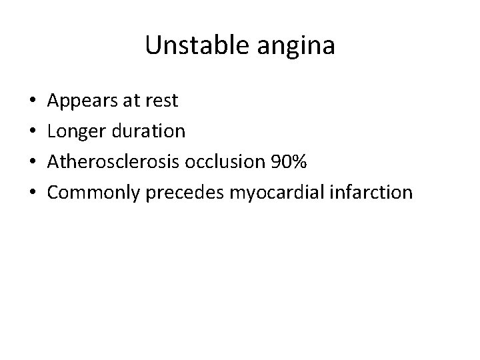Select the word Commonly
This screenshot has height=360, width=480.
pos(90,193)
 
